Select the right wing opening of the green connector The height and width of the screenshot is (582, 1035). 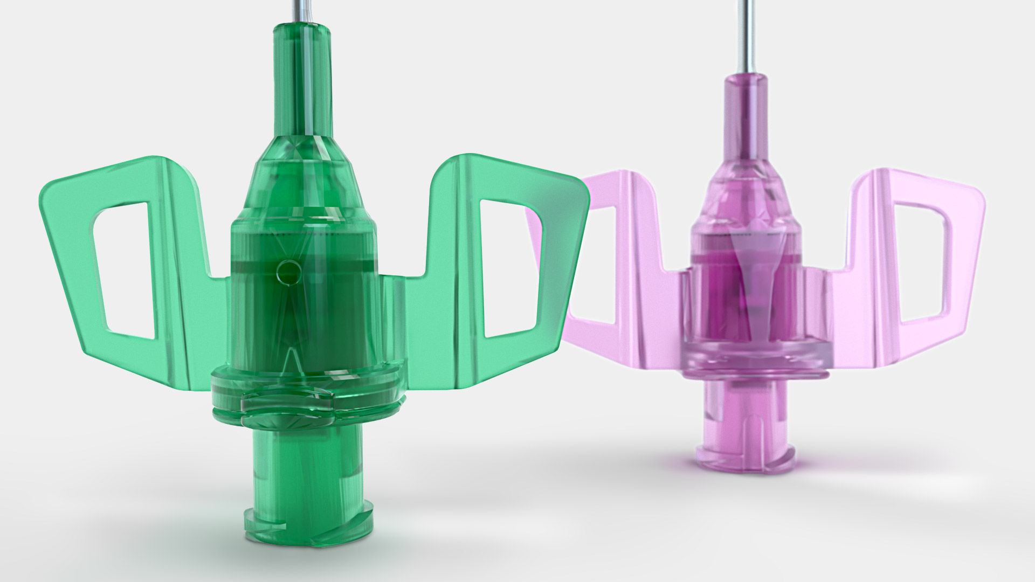click(512, 269)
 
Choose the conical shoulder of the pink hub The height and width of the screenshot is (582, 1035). click(747, 199)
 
